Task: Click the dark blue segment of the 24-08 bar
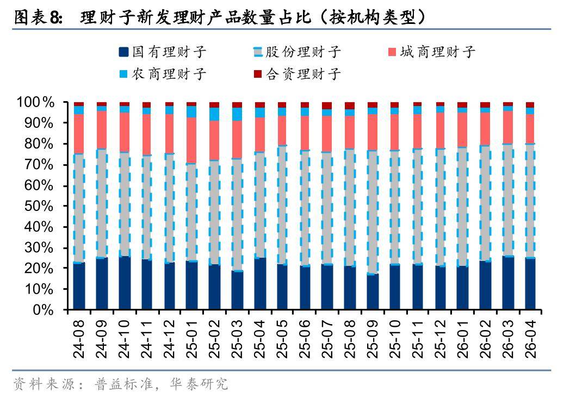(79, 286)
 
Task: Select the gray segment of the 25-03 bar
(237, 214)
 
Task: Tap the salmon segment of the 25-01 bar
(192, 140)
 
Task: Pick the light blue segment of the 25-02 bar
(214, 114)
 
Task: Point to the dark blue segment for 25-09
(373, 291)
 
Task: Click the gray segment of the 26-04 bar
(530, 201)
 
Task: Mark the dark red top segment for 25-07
(327, 106)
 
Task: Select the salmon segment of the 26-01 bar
(463, 130)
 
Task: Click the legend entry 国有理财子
(163, 52)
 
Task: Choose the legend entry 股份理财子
(297, 52)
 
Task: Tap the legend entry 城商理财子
(432, 52)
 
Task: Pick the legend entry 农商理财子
(163, 74)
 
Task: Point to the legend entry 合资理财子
(297, 74)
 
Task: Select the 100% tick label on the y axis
(35, 103)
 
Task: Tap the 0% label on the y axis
(44, 310)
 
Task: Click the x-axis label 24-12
(169, 339)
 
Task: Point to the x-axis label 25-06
(305, 339)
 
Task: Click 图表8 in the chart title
(38, 17)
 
